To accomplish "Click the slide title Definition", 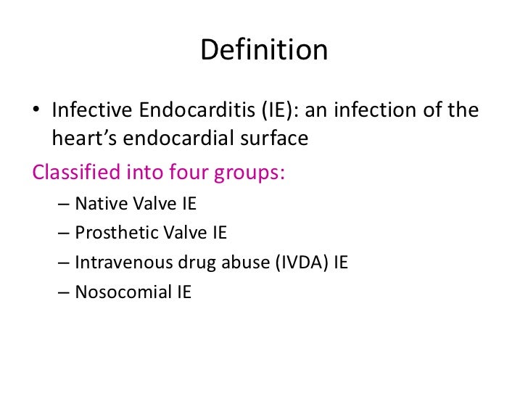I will pos(264,51).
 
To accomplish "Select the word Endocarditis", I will pos(184,111).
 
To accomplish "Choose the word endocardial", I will pos(174,139).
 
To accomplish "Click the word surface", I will pos(273,138).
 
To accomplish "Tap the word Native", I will pos(99,204).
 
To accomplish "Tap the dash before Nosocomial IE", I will pos(62,292).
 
